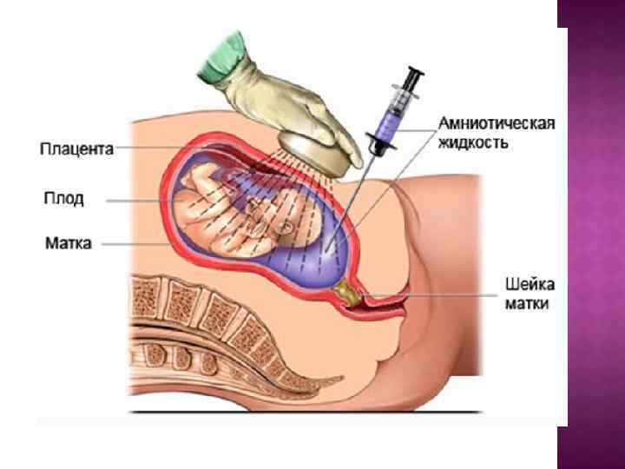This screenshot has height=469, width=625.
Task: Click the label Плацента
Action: (76, 149)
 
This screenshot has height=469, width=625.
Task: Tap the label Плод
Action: (64, 199)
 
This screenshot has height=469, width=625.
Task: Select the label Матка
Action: (69, 243)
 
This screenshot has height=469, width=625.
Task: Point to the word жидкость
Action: (474, 141)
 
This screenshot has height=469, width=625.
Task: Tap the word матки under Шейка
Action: (528, 303)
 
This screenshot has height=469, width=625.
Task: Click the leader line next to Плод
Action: (139, 200)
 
